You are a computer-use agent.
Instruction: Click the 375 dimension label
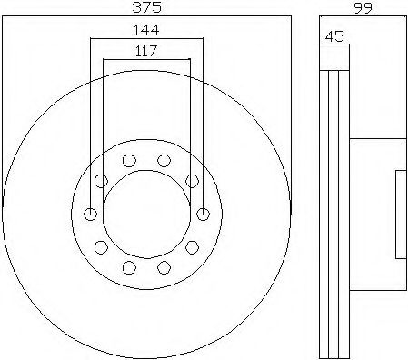(x=147, y=7)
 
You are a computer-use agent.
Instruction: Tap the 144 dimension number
(x=146, y=30)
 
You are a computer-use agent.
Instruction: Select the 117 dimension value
(x=146, y=51)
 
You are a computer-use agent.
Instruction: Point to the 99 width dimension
(x=363, y=7)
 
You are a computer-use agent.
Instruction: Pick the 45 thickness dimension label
(x=334, y=36)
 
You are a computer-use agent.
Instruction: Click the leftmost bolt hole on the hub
(x=90, y=215)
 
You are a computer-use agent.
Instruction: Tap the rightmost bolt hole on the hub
(x=203, y=215)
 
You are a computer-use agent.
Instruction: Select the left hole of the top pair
(x=129, y=161)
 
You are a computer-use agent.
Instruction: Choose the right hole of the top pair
(x=164, y=161)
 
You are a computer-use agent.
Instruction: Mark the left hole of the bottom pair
(x=129, y=267)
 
